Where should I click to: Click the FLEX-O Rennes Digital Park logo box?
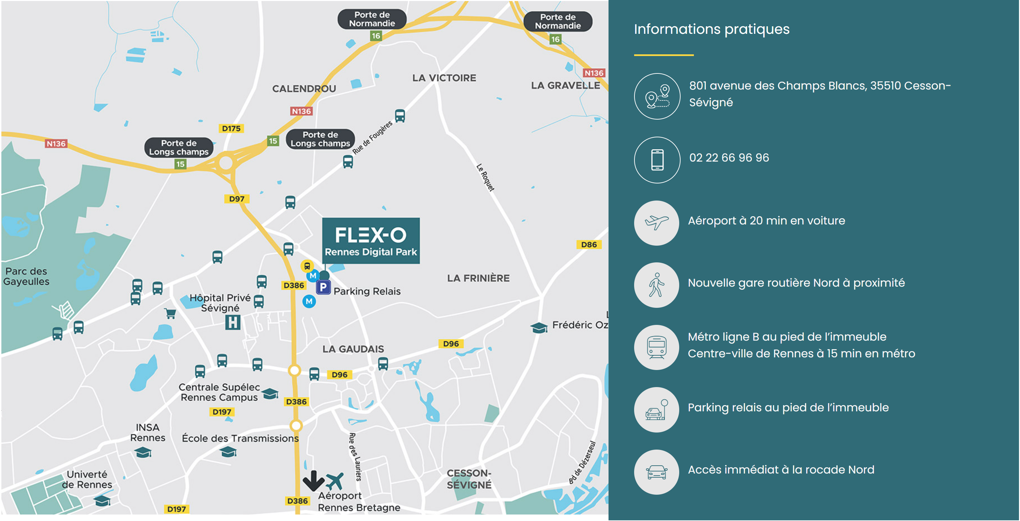click(371, 241)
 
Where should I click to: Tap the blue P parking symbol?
click(323, 287)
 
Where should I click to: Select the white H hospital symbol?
click(233, 322)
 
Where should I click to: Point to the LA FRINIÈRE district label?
click(478, 278)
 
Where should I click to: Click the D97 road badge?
click(236, 199)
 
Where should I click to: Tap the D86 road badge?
click(588, 245)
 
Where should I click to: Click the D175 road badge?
click(231, 128)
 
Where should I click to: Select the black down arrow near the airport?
click(313, 480)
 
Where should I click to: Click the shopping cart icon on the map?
click(170, 313)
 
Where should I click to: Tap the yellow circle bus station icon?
click(307, 266)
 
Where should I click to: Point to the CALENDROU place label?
click(304, 89)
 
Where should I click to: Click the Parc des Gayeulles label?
click(26, 276)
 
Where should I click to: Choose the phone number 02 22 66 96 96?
click(729, 158)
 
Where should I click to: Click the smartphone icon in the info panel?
click(657, 160)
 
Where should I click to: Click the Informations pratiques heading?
click(711, 29)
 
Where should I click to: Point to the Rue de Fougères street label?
click(372, 137)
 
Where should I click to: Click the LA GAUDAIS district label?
click(353, 349)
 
